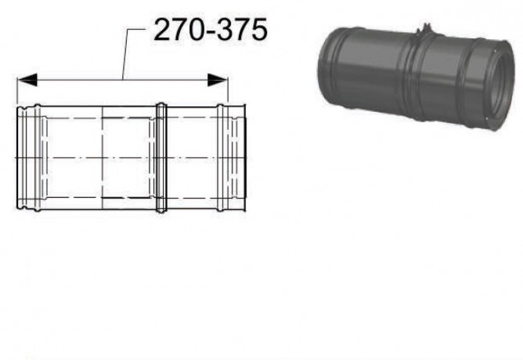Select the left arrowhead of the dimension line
[27, 80]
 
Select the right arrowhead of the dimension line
[218, 80]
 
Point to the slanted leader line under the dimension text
[126, 54]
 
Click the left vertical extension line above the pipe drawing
[17, 91]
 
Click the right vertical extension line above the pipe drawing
[228, 90]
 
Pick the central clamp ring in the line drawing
[161, 157]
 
